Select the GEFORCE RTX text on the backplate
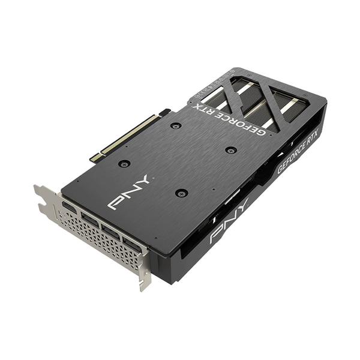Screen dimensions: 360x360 coord(231,118)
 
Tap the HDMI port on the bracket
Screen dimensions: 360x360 coord(69,208)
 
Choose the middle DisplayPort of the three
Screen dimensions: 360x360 coord(111,232)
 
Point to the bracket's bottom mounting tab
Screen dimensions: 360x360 coord(143,279)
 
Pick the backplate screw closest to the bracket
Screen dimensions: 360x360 coord(124,163)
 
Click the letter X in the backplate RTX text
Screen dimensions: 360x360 coord(201,109)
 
